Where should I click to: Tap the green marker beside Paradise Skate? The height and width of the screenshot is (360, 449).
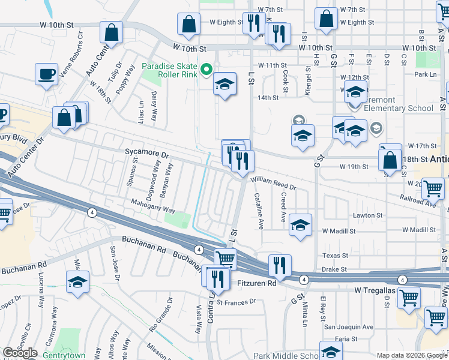[207, 70]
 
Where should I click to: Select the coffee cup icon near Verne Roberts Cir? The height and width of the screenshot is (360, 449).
[46, 75]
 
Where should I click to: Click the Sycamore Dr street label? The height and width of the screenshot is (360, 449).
[147, 155]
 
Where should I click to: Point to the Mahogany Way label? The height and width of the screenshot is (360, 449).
[154, 211]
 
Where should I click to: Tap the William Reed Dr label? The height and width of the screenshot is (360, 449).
[274, 182]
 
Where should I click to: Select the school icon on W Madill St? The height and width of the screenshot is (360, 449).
[300, 226]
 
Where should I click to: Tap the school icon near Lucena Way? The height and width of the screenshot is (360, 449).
[77, 283]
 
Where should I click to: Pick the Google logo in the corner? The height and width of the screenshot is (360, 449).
[20, 353]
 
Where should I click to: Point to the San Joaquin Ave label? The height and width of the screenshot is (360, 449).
[349, 327]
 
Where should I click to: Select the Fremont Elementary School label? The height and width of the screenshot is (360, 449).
[396, 109]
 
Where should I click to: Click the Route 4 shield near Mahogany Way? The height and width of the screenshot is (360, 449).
[92, 212]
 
